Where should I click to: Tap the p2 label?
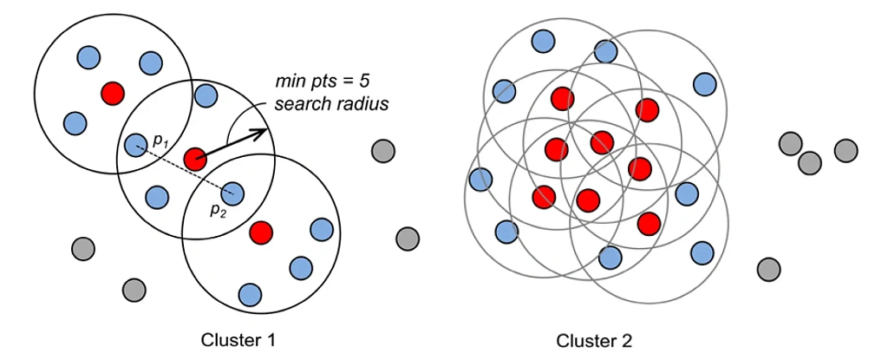[x=216, y=209]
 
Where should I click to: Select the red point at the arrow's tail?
[x=195, y=159]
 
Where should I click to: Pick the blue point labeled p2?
[x=232, y=193]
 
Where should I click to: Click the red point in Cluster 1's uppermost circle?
[x=112, y=91]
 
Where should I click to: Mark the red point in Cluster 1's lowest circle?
[x=260, y=232]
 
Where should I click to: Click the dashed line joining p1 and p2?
[x=183, y=169]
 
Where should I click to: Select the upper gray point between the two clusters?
[x=382, y=151]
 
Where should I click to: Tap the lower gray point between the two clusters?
[x=408, y=238]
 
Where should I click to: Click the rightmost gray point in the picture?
[x=846, y=151]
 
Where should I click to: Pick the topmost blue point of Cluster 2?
[x=543, y=40]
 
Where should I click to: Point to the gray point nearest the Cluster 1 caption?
[x=134, y=288]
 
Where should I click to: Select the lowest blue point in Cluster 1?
[x=251, y=294]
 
